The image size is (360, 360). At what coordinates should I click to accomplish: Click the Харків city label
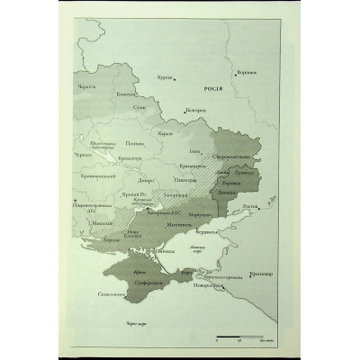(165, 132)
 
